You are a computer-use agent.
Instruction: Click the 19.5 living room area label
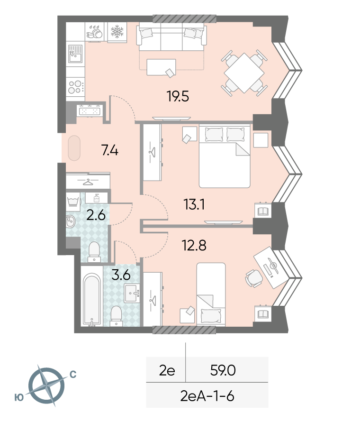click(x=178, y=96)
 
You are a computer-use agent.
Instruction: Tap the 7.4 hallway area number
click(x=110, y=150)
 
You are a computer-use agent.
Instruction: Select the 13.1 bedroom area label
click(x=194, y=204)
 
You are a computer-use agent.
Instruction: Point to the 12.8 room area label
click(x=194, y=246)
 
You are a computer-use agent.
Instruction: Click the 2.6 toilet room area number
click(x=96, y=216)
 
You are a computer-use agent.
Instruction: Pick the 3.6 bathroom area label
click(x=121, y=275)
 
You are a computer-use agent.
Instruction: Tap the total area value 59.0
click(x=223, y=370)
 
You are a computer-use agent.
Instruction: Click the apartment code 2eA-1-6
click(x=207, y=396)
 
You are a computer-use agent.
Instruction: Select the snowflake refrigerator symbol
click(x=117, y=32)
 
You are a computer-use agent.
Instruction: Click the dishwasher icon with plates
click(x=95, y=32)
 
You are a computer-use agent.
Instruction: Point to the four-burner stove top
click(x=75, y=87)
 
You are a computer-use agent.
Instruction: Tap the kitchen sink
click(x=75, y=54)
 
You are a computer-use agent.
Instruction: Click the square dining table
click(x=244, y=73)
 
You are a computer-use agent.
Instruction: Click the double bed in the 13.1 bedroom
click(x=225, y=156)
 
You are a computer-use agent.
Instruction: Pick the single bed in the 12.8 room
click(x=211, y=294)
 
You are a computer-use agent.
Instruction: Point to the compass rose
click(x=47, y=385)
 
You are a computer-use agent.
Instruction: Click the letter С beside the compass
click(x=73, y=374)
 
